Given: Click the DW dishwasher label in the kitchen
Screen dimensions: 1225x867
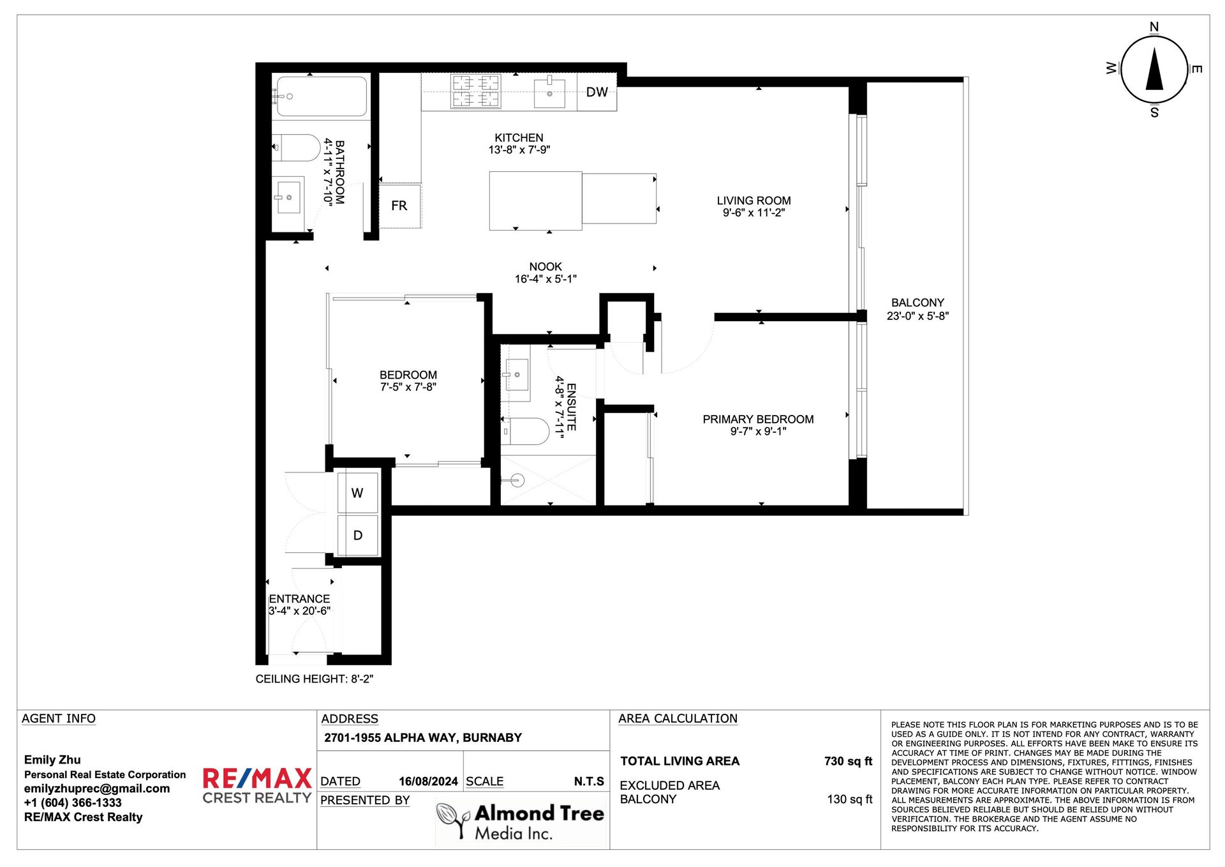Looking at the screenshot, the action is (597, 92).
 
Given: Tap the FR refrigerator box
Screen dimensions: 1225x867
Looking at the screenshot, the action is (400, 206).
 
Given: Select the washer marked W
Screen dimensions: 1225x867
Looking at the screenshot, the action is (357, 492).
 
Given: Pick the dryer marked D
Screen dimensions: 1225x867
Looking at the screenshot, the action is (357, 535).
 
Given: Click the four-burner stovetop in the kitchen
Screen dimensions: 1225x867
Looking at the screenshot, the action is (476, 91).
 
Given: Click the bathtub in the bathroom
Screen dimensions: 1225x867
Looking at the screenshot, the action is (322, 96).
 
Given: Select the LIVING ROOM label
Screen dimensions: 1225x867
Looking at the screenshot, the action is (754, 200).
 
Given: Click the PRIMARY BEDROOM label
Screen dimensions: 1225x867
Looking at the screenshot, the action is (758, 419).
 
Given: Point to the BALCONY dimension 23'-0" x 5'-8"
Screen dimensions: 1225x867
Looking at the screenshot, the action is (917, 316).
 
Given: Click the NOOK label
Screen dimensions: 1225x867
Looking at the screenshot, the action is (546, 267).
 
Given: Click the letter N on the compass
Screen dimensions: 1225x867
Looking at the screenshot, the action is (1154, 27).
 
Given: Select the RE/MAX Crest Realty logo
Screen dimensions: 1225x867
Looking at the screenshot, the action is (257, 786).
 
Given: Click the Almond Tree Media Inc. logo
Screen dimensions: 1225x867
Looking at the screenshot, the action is (521, 822).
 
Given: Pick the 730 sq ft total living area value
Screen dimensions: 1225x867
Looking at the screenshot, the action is (848, 761).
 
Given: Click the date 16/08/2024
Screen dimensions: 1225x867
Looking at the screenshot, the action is (428, 781).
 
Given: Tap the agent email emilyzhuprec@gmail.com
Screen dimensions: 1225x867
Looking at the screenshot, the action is (97, 788).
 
